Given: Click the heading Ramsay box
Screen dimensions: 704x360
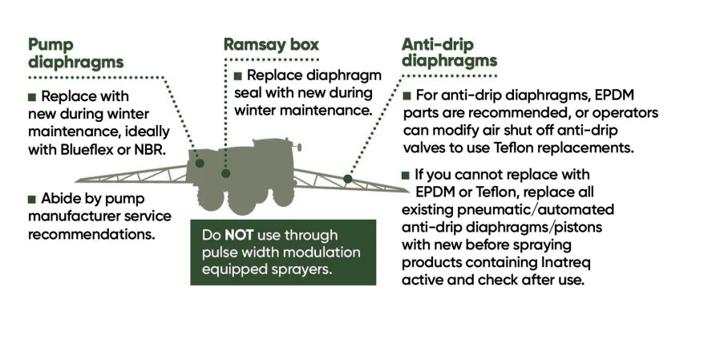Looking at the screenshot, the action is point(271,45).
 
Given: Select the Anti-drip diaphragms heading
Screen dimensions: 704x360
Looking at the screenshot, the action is point(449,53).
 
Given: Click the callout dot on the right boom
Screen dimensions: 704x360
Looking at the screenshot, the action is point(347,179).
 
